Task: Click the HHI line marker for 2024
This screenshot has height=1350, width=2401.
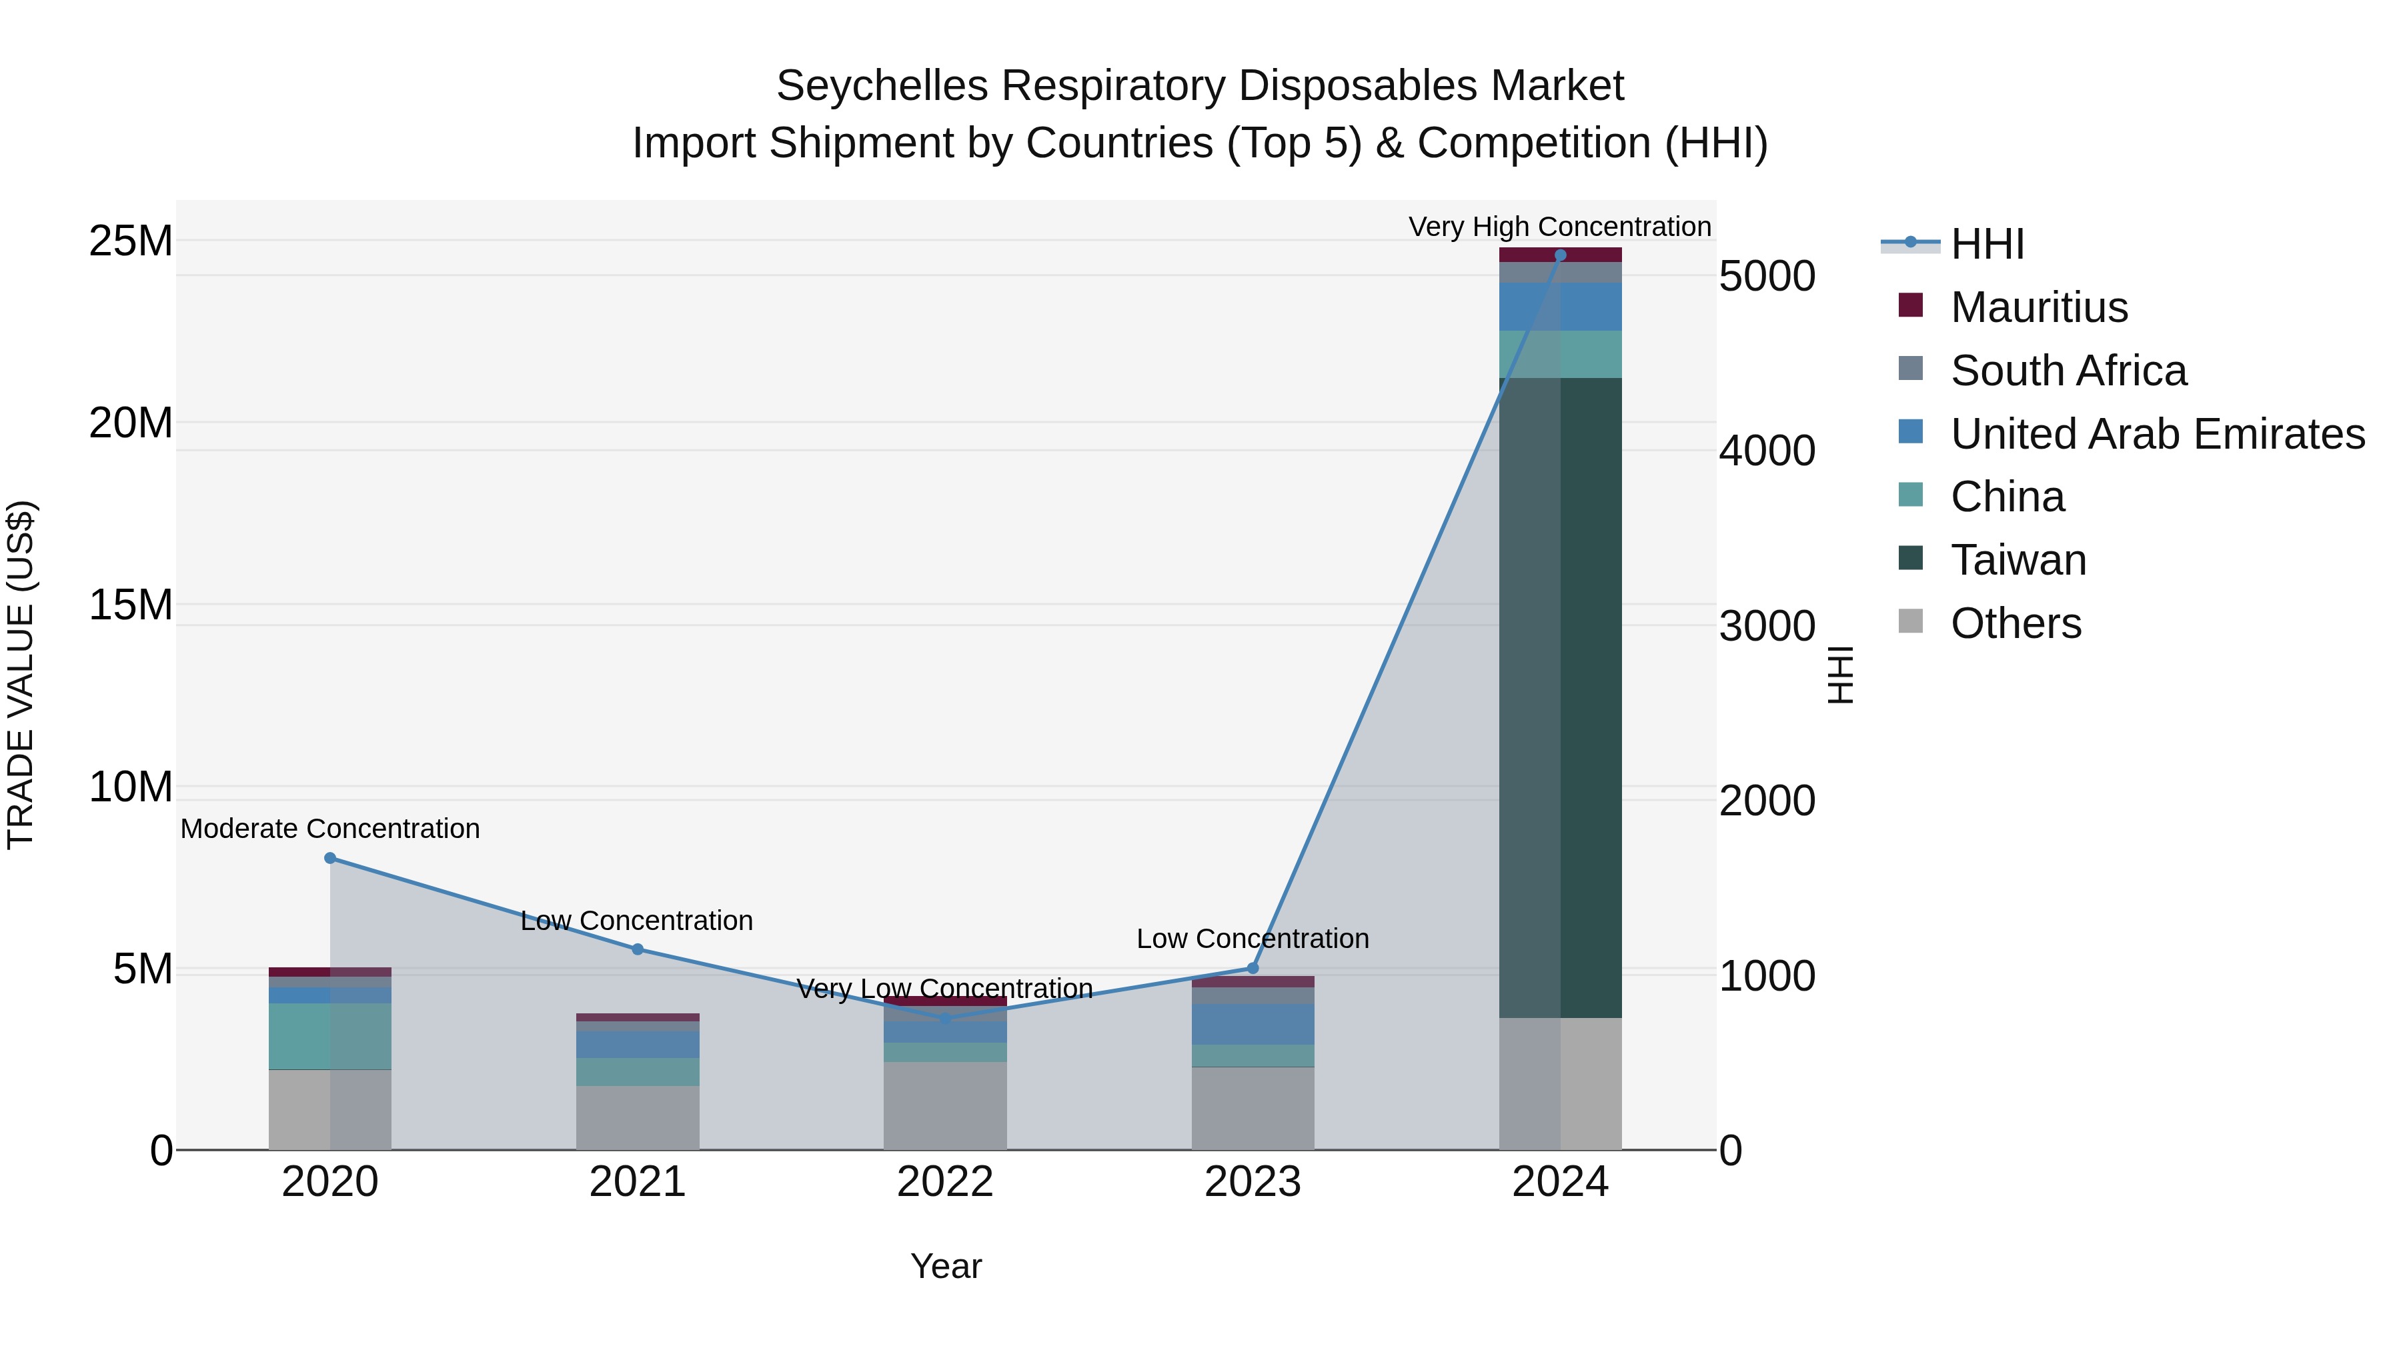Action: click(x=1560, y=255)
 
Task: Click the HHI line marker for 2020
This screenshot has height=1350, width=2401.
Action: click(x=330, y=858)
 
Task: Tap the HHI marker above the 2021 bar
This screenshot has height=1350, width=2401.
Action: click(x=638, y=949)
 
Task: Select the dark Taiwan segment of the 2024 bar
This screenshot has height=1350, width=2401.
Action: click(x=1560, y=699)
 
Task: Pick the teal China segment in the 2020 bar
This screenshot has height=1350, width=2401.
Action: click(x=330, y=1036)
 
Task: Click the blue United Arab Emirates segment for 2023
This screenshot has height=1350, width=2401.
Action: click(x=1253, y=1024)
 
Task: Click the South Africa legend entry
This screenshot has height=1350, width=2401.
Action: click(x=2068, y=371)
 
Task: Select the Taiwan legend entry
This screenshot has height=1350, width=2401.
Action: click(x=2018, y=560)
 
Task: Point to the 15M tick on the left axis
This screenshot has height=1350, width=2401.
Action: click(x=131, y=605)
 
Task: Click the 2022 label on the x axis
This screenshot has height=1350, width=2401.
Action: click(x=945, y=1182)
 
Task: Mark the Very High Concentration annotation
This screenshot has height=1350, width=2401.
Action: click(x=1559, y=227)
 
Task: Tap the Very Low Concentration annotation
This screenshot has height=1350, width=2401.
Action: click(x=944, y=989)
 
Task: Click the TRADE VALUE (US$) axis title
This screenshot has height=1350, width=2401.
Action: click(x=21, y=675)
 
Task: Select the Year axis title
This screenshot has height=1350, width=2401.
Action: click(x=945, y=1266)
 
